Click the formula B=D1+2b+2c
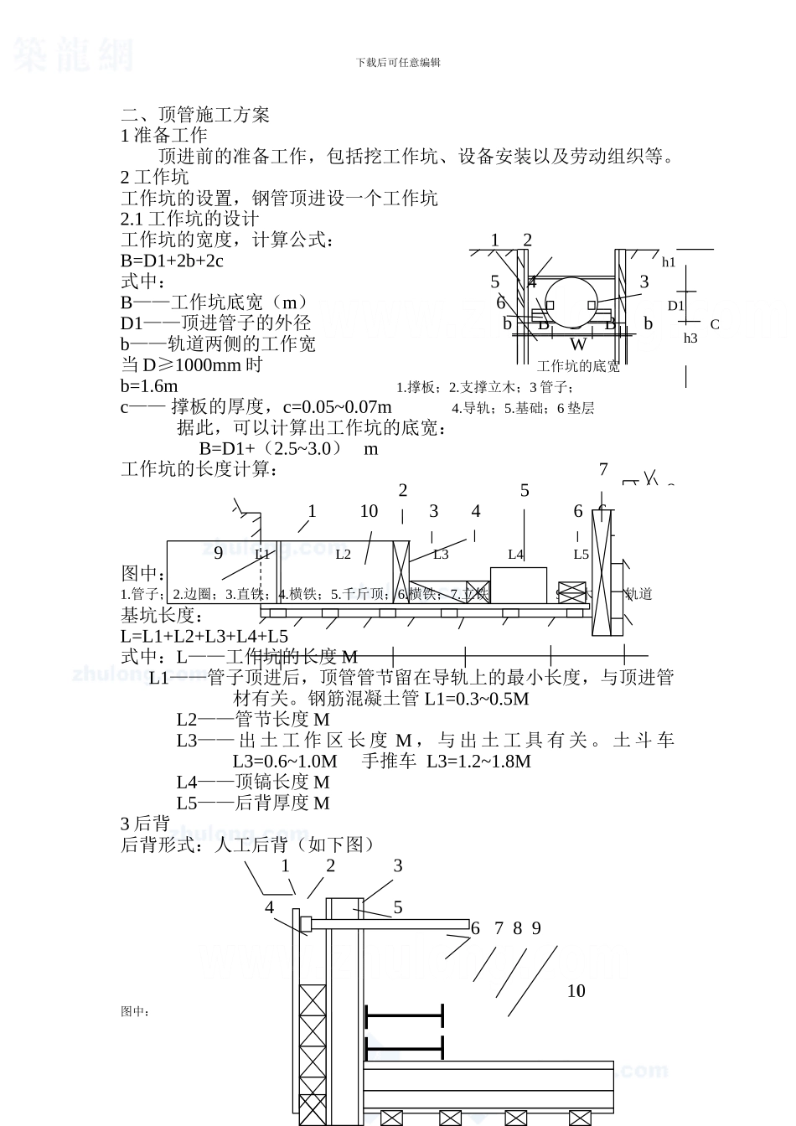(x=172, y=261)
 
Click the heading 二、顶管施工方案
(x=195, y=115)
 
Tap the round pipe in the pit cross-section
(x=572, y=303)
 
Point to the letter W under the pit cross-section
(x=578, y=344)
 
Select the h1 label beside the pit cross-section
(x=669, y=262)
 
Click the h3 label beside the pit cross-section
(x=690, y=338)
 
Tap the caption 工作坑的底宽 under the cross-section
(x=578, y=367)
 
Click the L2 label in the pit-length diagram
(x=344, y=554)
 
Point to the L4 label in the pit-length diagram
(x=516, y=554)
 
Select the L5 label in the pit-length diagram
(x=581, y=554)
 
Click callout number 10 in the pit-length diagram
(x=369, y=511)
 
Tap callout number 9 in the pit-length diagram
(x=219, y=552)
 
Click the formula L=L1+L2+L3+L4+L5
(x=204, y=636)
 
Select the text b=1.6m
(x=149, y=386)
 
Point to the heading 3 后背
(x=146, y=824)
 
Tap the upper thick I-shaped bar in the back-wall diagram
(x=404, y=1015)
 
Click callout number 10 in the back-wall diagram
(x=576, y=991)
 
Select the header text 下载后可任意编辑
(x=398, y=62)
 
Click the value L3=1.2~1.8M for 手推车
(x=478, y=761)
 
